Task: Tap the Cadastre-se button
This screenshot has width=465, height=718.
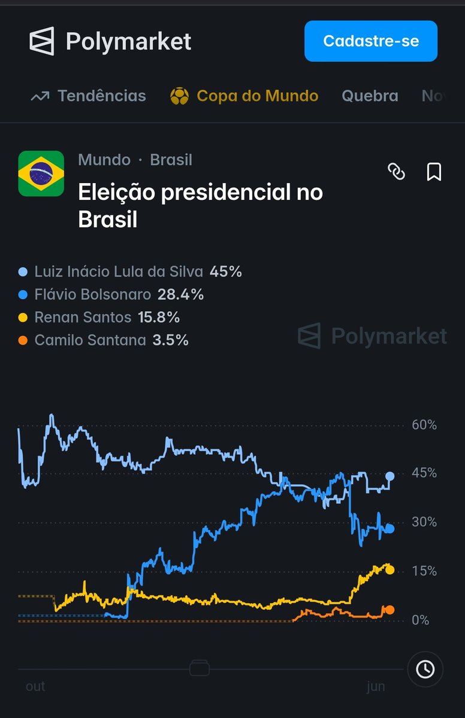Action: tap(371, 41)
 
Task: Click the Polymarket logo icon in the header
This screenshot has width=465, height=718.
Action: tap(42, 41)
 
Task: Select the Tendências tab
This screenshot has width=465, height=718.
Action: tap(88, 96)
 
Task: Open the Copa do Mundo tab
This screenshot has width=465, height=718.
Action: tap(244, 96)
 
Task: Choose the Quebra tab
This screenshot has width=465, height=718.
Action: tap(370, 96)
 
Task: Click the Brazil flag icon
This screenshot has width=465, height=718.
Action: tap(41, 174)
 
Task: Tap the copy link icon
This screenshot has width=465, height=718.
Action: tap(396, 172)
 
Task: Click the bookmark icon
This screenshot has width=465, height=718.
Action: tap(434, 172)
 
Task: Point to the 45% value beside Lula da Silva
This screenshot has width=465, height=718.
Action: tap(225, 272)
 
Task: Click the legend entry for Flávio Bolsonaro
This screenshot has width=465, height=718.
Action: tap(111, 294)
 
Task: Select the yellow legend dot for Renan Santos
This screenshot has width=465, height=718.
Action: tap(23, 317)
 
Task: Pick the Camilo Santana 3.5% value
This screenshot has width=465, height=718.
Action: tap(170, 340)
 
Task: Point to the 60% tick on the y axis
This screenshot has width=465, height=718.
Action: tap(424, 425)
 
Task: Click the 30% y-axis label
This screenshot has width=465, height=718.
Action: tap(424, 522)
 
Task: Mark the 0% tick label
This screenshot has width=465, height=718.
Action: tap(421, 620)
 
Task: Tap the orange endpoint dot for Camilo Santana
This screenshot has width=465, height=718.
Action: tap(389, 610)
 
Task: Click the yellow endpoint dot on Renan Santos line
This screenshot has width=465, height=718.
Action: tap(389, 570)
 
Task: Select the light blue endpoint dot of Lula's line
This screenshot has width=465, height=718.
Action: tap(390, 476)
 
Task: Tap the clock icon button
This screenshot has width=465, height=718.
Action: tap(425, 669)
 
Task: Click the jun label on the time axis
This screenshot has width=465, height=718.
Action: tap(376, 687)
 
